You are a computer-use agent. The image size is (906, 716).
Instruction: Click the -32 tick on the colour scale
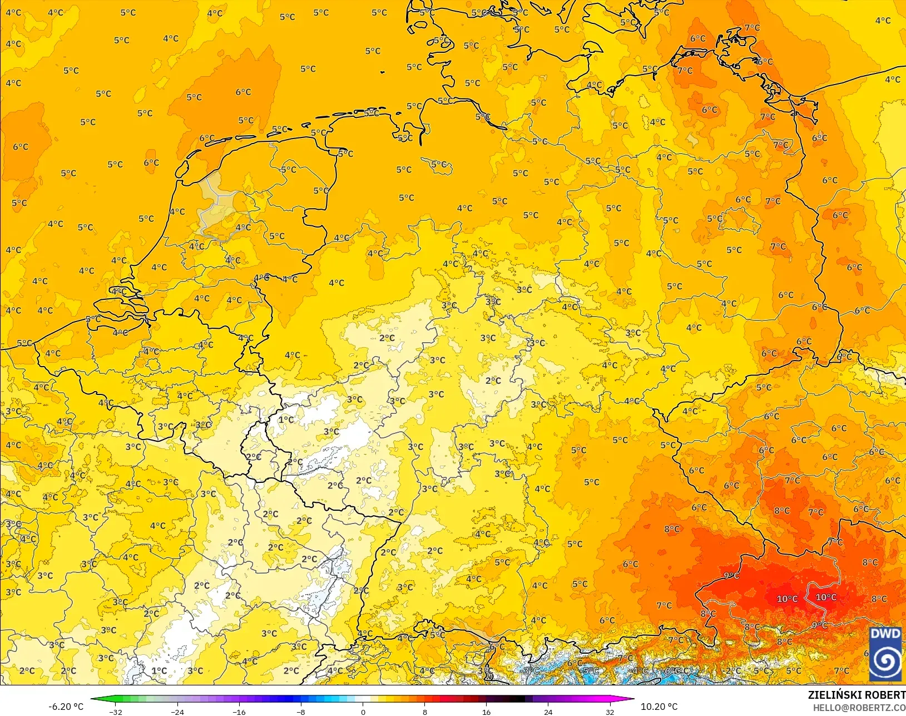116,712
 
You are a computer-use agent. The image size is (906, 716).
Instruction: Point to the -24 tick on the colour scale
177,712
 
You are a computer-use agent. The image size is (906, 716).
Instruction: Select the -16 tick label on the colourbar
239,712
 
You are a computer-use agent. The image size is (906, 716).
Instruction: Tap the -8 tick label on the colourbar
301,712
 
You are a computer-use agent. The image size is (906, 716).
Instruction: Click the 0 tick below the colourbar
363,712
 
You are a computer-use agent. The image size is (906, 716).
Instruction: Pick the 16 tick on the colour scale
487,712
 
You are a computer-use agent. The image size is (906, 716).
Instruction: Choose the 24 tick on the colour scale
548,712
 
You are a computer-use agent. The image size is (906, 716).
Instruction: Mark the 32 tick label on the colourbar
610,712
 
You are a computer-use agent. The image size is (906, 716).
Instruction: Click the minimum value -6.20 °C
66,707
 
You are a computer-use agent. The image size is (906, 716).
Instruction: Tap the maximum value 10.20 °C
659,707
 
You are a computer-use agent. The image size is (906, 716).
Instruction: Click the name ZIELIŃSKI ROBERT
857,695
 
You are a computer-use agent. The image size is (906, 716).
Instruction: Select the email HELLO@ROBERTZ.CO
859,708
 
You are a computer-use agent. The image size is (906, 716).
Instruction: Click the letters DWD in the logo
885,634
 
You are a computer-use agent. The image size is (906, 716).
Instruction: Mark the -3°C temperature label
531,670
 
